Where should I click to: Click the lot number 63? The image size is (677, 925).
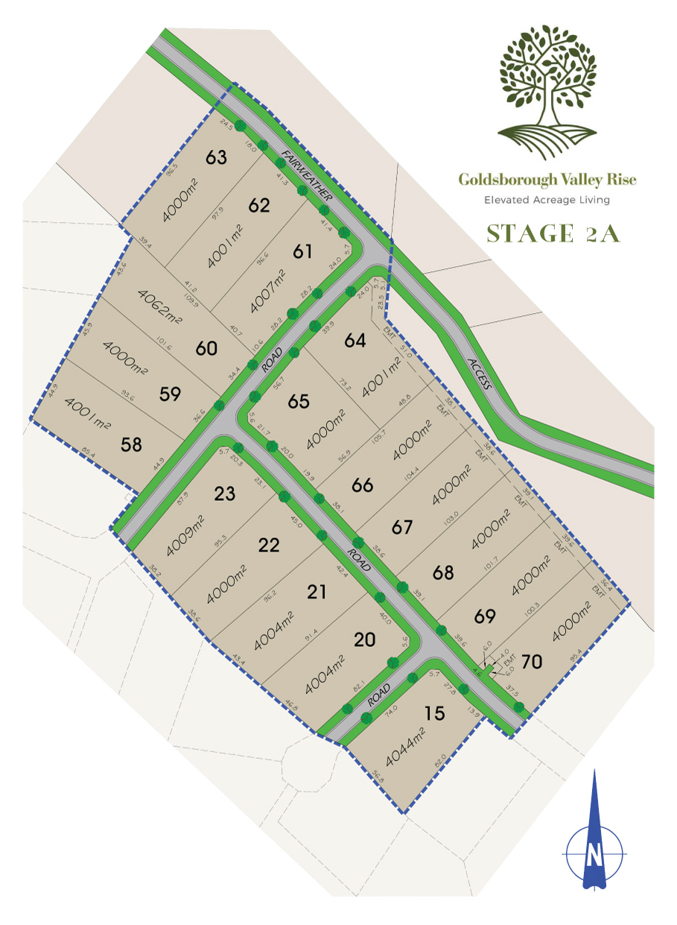(217, 158)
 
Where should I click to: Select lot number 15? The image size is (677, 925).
(434, 713)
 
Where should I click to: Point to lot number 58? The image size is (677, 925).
(132, 445)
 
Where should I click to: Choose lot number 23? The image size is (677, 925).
(226, 493)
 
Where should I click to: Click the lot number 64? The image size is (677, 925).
(356, 341)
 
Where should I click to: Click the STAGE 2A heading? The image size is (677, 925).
(553, 233)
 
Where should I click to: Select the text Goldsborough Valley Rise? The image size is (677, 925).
(547, 180)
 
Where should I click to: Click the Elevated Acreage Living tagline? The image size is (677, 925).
(547, 200)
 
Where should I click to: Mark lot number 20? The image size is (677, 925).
(365, 640)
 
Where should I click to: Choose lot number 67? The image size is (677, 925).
(402, 527)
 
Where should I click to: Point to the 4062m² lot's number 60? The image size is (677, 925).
(206, 348)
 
